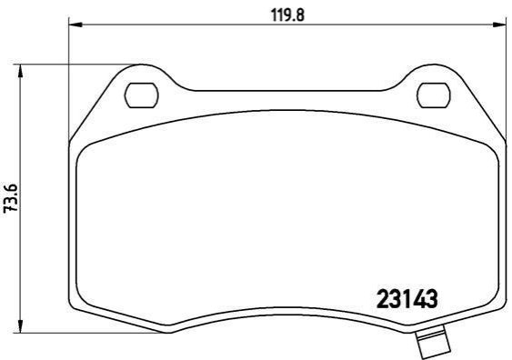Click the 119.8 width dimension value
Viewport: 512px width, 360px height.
tap(288, 15)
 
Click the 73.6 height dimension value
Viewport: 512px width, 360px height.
tap(10, 198)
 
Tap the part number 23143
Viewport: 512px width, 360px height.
tap(407, 299)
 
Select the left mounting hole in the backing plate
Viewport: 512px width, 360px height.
tap(141, 95)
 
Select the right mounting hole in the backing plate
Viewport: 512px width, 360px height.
tap(434, 95)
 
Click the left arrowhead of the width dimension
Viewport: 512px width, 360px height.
tap(75, 25)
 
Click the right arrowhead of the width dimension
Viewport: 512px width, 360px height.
tap(499, 25)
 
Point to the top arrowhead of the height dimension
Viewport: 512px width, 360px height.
tap(21, 71)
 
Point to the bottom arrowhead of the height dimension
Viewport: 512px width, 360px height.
tap(21, 326)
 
